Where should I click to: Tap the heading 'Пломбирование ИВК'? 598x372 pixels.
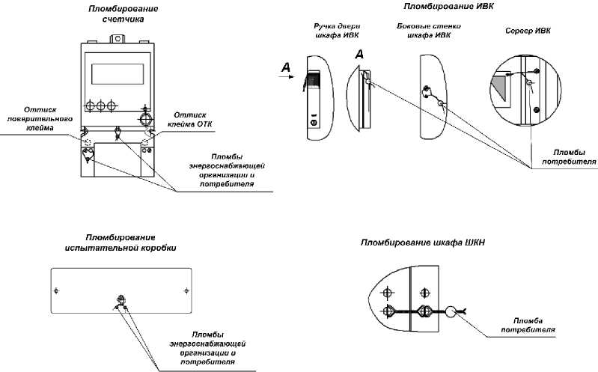pos(438,6)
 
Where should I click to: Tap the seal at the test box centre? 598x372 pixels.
pos(119,302)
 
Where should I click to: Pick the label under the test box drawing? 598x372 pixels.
pos(208,347)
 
